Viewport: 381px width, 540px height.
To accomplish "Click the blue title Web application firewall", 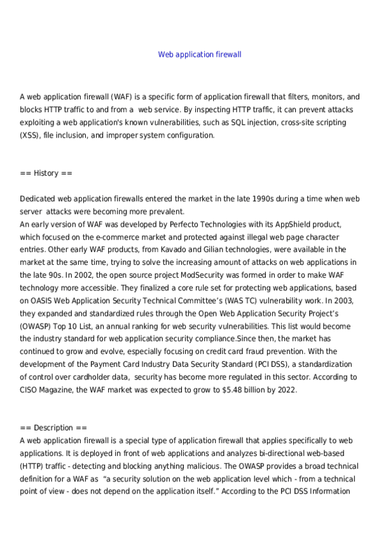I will coord(200,55).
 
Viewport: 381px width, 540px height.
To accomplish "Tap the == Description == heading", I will coord(53,428).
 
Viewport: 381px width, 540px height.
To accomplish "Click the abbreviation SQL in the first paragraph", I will coord(233,123).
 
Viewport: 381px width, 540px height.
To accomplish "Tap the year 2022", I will coord(284,390).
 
